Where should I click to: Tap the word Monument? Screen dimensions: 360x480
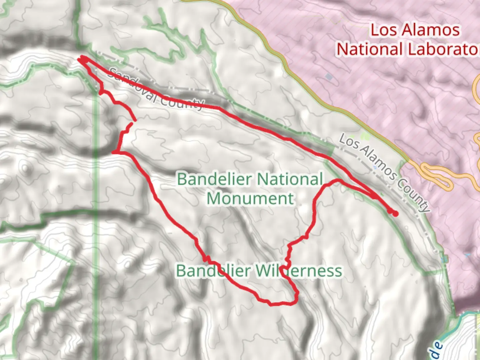(x=250, y=199)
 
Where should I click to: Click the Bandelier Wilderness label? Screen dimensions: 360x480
(x=259, y=271)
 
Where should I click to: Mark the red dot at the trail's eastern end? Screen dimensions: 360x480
(x=395, y=214)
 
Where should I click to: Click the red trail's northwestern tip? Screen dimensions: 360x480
(x=79, y=59)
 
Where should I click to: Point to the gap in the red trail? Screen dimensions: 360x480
(x=133, y=122)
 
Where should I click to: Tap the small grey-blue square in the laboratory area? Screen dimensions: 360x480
(x=329, y=77)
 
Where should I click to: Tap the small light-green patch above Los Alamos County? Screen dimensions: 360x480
(x=366, y=136)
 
